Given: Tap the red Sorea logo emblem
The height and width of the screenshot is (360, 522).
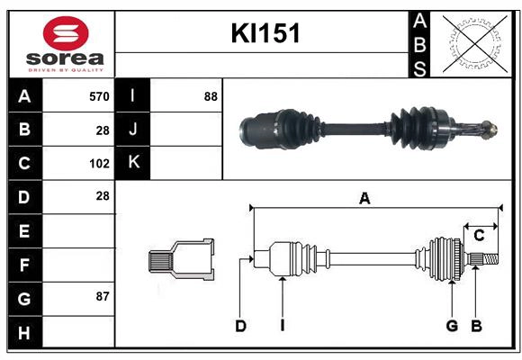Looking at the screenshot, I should (65, 33).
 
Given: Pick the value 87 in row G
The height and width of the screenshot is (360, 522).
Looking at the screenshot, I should (100, 296).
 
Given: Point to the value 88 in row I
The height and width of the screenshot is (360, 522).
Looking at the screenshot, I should (211, 95).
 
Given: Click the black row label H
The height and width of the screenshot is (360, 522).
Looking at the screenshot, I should (24, 333).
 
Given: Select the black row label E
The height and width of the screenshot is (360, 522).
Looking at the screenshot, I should (24, 231).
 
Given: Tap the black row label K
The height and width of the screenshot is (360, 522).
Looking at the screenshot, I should (134, 163).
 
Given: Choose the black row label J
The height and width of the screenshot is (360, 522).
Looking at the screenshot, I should (134, 130).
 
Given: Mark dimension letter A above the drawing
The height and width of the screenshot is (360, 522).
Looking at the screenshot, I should (364, 199).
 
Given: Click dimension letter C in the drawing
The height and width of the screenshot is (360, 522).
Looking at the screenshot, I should (479, 235).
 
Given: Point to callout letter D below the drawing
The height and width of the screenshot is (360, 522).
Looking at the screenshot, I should (240, 326).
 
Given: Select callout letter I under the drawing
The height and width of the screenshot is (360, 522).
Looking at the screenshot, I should (282, 326).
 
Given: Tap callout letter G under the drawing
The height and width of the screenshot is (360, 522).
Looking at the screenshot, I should (452, 326).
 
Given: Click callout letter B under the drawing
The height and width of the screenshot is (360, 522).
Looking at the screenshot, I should (476, 326).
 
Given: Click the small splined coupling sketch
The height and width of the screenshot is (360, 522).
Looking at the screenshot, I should (181, 261).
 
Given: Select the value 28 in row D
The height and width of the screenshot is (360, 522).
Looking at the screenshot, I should (102, 196).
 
